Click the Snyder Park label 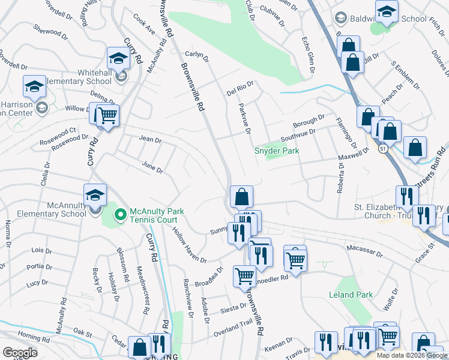[x=276, y=151]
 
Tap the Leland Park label [x=351, y=295]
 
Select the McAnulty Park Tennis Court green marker [x=120, y=214]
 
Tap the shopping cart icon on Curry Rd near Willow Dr [x=107, y=115]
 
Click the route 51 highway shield [x=382, y=148]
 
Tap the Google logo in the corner [x=20, y=352]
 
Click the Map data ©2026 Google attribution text [x=411, y=355]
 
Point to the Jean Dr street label [x=150, y=140]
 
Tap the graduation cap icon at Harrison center [x=34, y=86]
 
